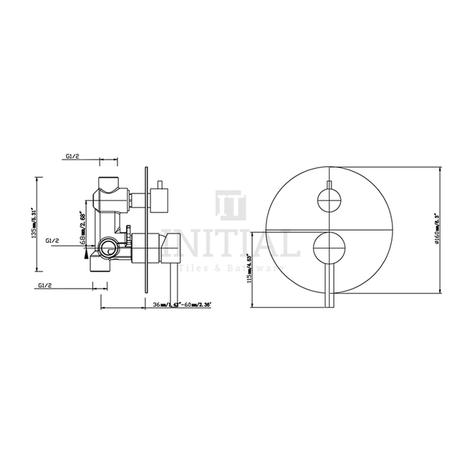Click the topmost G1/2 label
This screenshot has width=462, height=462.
coord(72,154)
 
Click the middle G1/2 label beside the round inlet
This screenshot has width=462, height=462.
coord(52,242)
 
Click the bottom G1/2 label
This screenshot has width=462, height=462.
coord(47,285)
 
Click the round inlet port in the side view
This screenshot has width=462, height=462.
coord(107,249)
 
